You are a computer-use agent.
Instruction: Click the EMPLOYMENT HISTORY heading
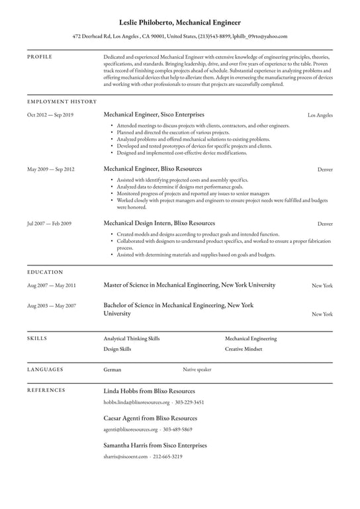(62, 101)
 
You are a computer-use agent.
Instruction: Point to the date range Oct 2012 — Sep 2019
(50, 115)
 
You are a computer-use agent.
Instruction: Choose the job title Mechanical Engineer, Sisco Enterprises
(154, 115)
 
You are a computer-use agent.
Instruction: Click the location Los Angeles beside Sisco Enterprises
(320, 115)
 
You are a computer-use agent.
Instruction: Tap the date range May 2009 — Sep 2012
(50, 169)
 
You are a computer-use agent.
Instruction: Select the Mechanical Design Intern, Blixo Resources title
(159, 223)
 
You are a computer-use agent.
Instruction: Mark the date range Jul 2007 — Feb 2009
(50, 224)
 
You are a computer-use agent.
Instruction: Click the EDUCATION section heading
(45, 272)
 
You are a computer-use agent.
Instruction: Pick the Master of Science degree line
(189, 285)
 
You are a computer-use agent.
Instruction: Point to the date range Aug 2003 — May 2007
(52, 306)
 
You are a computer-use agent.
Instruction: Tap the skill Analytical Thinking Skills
(132, 338)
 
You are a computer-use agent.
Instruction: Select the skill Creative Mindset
(244, 349)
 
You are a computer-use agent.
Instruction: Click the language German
(112, 370)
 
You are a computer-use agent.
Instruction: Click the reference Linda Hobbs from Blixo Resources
(150, 391)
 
